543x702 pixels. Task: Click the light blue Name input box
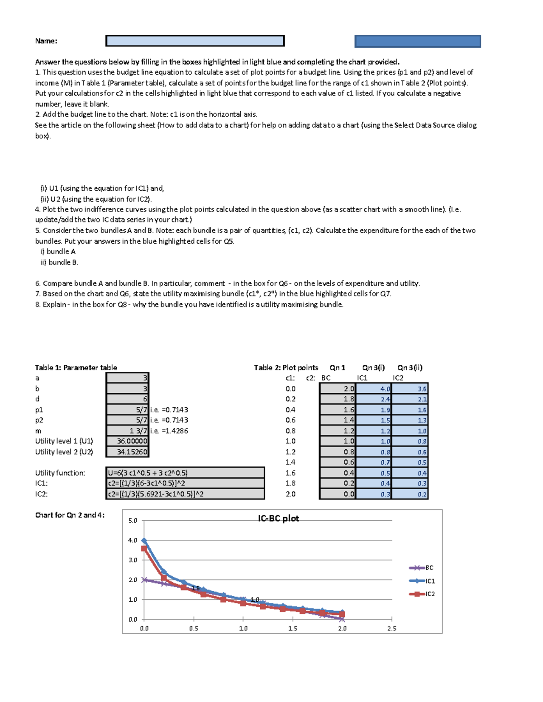[x=195, y=41]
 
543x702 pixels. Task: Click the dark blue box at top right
[x=417, y=42]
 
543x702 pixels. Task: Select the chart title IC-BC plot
[x=278, y=518]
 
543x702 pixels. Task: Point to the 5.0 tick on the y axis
[x=133, y=521]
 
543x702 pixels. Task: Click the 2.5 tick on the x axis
[x=391, y=628]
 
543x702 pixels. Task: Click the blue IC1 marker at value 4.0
[x=144, y=540]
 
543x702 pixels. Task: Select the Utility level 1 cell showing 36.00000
[x=127, y=441]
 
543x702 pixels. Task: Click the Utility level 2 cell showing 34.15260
[x=127, y=452]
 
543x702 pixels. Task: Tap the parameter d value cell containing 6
[x=127, y=399]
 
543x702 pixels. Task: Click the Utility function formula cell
[x=185, y=473]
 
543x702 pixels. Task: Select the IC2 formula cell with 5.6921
[x=185, y=494]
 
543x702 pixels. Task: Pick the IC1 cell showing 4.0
[x=373, y=389]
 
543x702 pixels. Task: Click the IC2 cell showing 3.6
[x=410, y=389]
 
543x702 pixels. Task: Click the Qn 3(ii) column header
[x=410, y=367]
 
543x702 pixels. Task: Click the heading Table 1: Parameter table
[x=76, y=367]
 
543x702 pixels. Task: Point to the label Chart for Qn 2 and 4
[x=70, y=515]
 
